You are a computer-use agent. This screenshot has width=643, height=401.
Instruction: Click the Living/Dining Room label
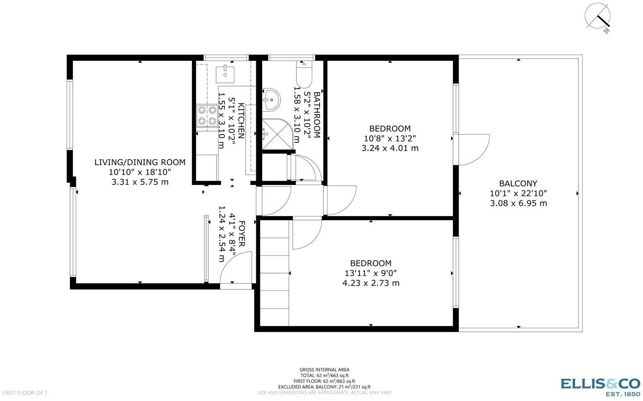pyautogui.click(x=140, y=162)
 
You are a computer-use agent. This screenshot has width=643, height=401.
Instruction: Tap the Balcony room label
pyautogui.click(x=518, y=183)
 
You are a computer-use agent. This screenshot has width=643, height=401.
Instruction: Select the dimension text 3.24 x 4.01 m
pyautogui.click(x=390, y=148)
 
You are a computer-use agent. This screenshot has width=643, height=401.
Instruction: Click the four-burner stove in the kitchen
pyautogui.click(x=207, y=115)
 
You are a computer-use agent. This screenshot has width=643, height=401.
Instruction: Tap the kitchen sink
pyautogui.click(x=225, y=73)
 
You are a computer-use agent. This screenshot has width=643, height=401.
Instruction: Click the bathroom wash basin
pyautogui.click(x=271, y=99)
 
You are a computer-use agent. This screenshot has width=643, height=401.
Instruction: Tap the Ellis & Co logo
pyautogui.click(x=600, y=387)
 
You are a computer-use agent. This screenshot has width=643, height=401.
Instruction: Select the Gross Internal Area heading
pyautogui.click(x=324, y=370)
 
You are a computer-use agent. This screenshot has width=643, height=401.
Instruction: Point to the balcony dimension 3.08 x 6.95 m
pyautogui.click(x=518, y=203)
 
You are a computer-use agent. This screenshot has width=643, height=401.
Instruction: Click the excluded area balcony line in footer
pyautogui.click(x=324, y=387)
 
